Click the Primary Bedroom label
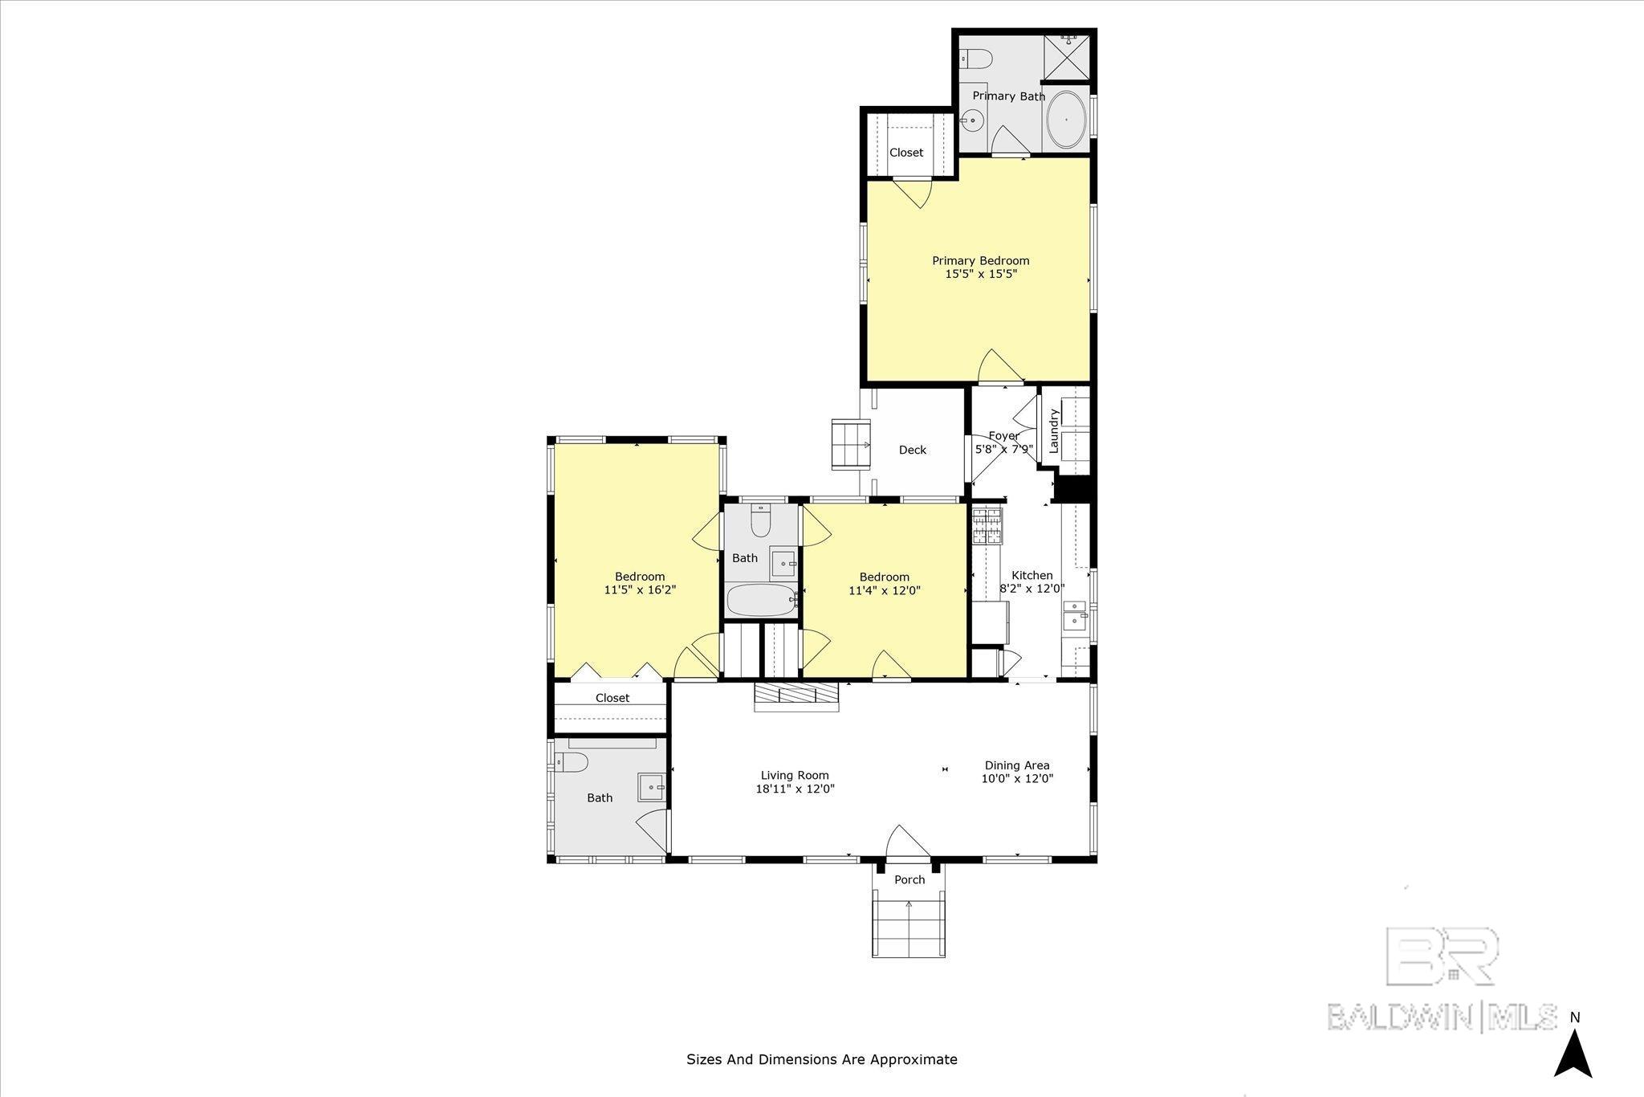980,260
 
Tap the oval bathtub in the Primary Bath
1067,119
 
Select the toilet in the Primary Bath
977,58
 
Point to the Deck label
913,450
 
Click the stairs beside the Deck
850,443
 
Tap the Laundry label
1055,429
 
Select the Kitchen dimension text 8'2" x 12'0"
1032,588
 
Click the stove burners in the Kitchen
987,527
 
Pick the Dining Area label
1017,765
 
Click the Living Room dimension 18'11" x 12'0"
795,789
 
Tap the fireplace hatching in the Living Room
796,696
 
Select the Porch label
909,879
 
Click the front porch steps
909,928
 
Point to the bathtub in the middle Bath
762,600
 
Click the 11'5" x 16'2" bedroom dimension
640,589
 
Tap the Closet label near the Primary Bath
906,153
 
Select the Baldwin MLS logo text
1443,1016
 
